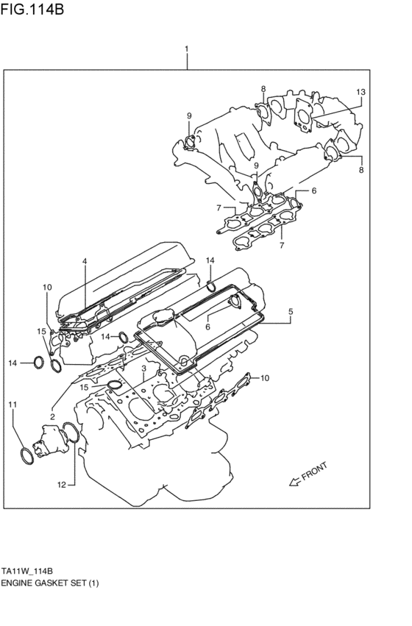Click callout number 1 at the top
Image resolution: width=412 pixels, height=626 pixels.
pyautogui.click(x=187, y=49)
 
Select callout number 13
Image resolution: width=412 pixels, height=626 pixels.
pyautogui.click(x=361, y=92)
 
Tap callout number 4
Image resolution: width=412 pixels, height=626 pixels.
pyautogui.click(x=85, y=261)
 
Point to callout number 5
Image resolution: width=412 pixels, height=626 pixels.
pyautogui.click(x=291, y=310)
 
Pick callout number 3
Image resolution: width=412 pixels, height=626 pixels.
pyautogui.click(x=144, y=368)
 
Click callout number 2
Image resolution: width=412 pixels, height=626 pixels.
pyautogui.click(x=53, y=416)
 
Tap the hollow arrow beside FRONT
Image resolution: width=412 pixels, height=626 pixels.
pyautogui.click(x=294, y=482)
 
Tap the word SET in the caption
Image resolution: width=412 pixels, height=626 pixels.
pyautogui.click(x=78, y=583)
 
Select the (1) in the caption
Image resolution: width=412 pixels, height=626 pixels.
pyautogui.click(x=93, y=583)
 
